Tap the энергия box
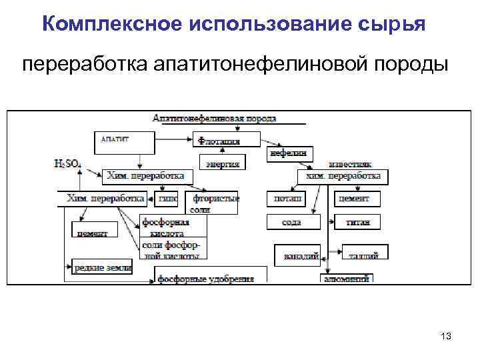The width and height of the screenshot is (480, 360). point(223,162)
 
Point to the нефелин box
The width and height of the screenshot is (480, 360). point(289,153)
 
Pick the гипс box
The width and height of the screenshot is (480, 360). point(167,199)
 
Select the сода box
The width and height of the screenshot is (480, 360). point(291,222)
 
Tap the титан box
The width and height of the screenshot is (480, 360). point(359,222)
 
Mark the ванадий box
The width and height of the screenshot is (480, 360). point(298,255)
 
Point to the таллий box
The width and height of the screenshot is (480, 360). point(365,253)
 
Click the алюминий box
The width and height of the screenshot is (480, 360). point(346,279)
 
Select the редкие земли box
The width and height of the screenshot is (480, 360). point(102,267)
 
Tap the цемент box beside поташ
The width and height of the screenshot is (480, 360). point(359,199)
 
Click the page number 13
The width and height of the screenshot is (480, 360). point(446,337)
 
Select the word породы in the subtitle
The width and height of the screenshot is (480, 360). point(413,65)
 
